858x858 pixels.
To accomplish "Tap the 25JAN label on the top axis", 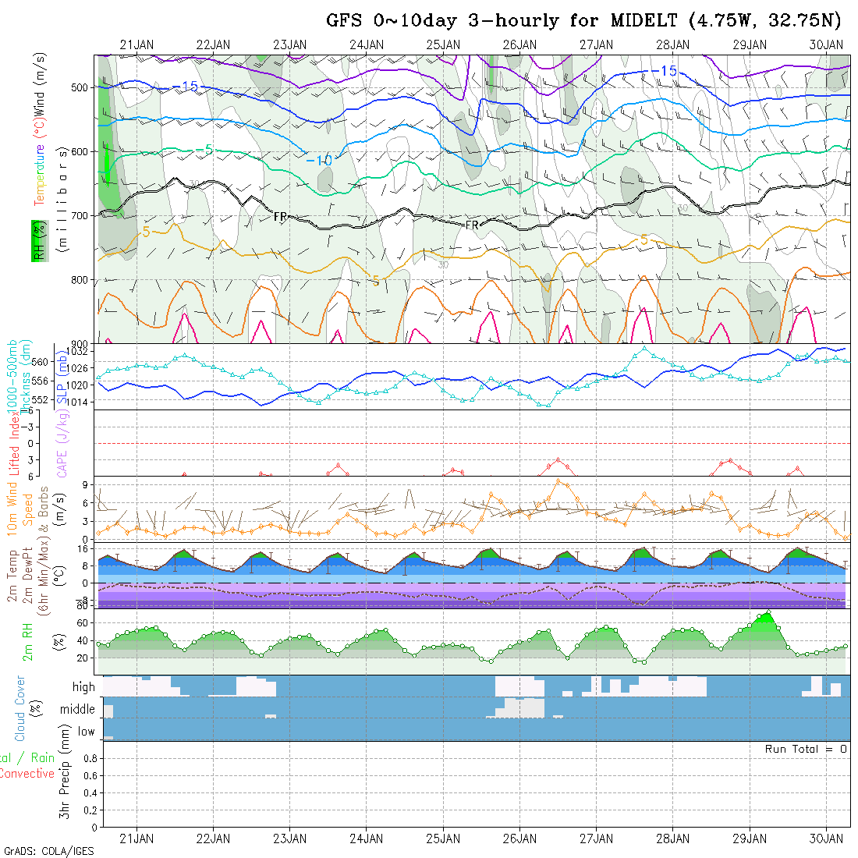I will pyautogui.click(x=443, y=44).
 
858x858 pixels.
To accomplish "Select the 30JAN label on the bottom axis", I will pyautogui.click(x=826, y=838).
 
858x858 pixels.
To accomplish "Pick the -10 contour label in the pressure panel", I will pyautogui.click(x=319, y=161).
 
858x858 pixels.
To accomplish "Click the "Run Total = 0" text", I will pyautogui.click(x=805, y=749).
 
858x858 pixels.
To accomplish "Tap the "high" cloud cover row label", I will pyautogui.click(x=83, y=687).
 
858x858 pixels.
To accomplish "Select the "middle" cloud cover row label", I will pyautogui.click(x=77, y=709).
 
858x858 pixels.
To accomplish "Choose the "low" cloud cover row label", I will pyautogui.click(x=86, y=732).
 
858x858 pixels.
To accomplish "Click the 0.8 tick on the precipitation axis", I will pyautogui.click(x=88, y=758).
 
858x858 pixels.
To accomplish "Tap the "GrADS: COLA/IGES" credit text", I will pyautogui.click(x=48, y=851).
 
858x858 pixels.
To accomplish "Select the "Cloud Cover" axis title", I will pyautogui.click(x=20, y=708).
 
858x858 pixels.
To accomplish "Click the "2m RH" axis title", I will pyautogui.click(x=28, y=642).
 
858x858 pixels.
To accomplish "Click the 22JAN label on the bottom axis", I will pyautogui.click(x=213, y=838).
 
